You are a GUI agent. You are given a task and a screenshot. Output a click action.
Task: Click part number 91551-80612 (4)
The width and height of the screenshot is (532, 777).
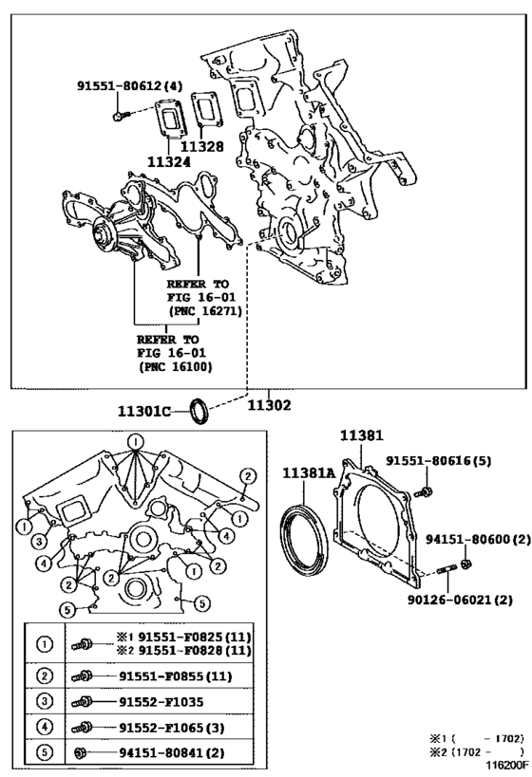(128, 85)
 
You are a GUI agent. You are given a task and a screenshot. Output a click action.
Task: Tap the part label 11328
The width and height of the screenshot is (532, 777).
(202, 147)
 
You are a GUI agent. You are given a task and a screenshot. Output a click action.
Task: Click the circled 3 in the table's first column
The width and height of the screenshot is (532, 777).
(43, 701)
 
